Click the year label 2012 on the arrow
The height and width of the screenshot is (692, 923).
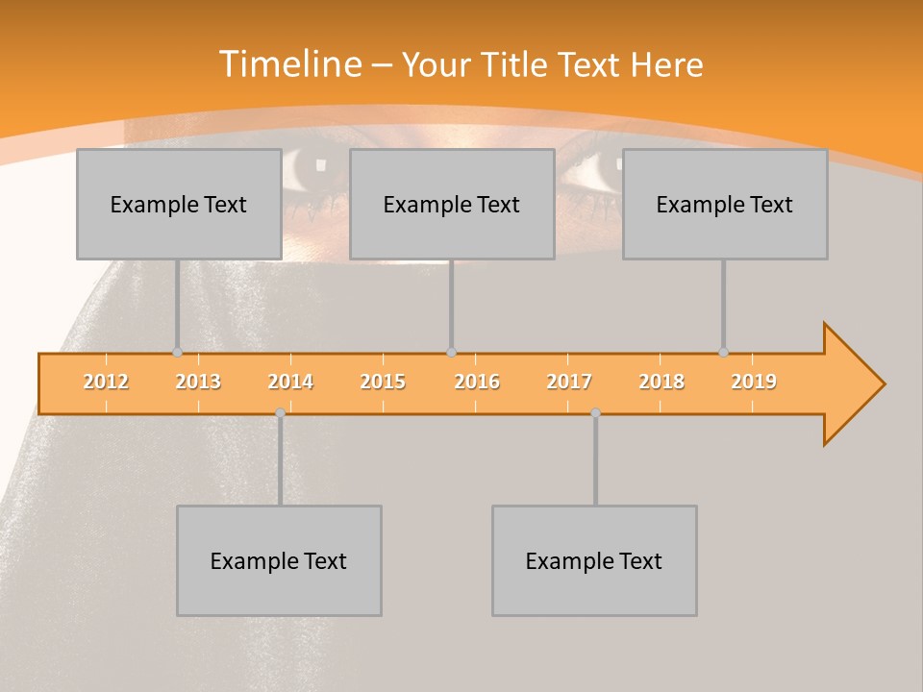[106, 382]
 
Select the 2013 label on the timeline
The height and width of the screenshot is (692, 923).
[198, 382]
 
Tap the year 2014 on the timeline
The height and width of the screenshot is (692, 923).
[290, 382]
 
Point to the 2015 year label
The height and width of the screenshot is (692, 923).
[383, 382]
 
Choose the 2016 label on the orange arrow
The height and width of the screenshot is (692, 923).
[477, 382]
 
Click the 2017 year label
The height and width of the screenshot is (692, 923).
[569, 382]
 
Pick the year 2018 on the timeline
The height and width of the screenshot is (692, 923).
[661, 382]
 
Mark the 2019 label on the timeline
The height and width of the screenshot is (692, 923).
[754, 382]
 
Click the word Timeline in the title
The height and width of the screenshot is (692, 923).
[289, 64]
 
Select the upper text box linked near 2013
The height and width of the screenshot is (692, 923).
[179, 204]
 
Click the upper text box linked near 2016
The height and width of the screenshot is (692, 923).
[452, 204]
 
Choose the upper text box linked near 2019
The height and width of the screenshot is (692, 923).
[725, 204]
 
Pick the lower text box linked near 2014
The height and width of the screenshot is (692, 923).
[279, 560]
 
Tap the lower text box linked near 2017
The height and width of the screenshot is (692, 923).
[594, 560]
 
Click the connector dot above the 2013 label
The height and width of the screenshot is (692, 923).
[177, 353]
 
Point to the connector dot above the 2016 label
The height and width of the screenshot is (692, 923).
[451, 353]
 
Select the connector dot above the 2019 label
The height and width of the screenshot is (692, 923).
[723, 353]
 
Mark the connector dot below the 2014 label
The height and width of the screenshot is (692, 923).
[280, 412]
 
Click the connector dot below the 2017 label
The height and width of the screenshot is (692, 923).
[595, 412]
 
